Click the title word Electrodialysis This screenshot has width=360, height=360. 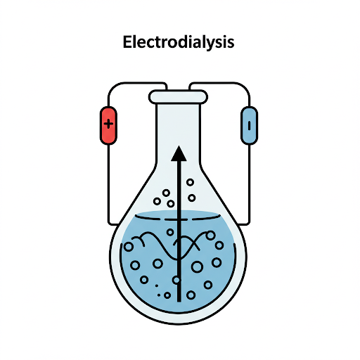click(x=179, y=42)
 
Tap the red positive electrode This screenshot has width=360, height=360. click(x=108, y=125)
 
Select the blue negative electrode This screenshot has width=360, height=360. click(x=249, y=125)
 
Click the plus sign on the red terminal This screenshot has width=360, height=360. click(x=108, y=124)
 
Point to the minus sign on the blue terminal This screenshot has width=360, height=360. click(x=249, y=125)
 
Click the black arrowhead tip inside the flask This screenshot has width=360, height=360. click(x=179, y=146)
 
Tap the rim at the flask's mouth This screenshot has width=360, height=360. click(x=178, y=97)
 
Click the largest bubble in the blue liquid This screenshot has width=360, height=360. click(x=198, y=266)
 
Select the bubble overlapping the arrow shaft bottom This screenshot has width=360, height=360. click(x=176, y=280)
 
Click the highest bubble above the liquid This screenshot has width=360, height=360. click(x=190, y=182)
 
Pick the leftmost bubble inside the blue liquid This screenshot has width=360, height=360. click(x=129, y=247)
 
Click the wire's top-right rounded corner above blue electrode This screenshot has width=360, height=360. click(x=245, y=86)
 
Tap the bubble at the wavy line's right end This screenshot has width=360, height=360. click(x=210, y=236)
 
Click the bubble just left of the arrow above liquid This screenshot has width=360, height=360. click(x=171, y=204)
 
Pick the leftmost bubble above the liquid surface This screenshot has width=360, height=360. click(x=157, y=201)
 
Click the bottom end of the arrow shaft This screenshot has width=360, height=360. click(x=179, y=301)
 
